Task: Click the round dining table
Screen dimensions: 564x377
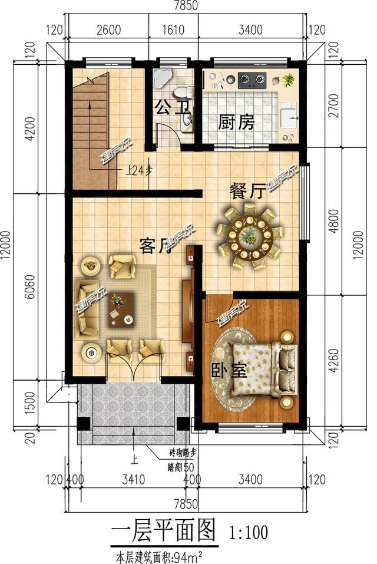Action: click(249, 236)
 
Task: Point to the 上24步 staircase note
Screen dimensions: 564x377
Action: click(140, 171)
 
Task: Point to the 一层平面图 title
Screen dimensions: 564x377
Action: click(163, 531)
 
